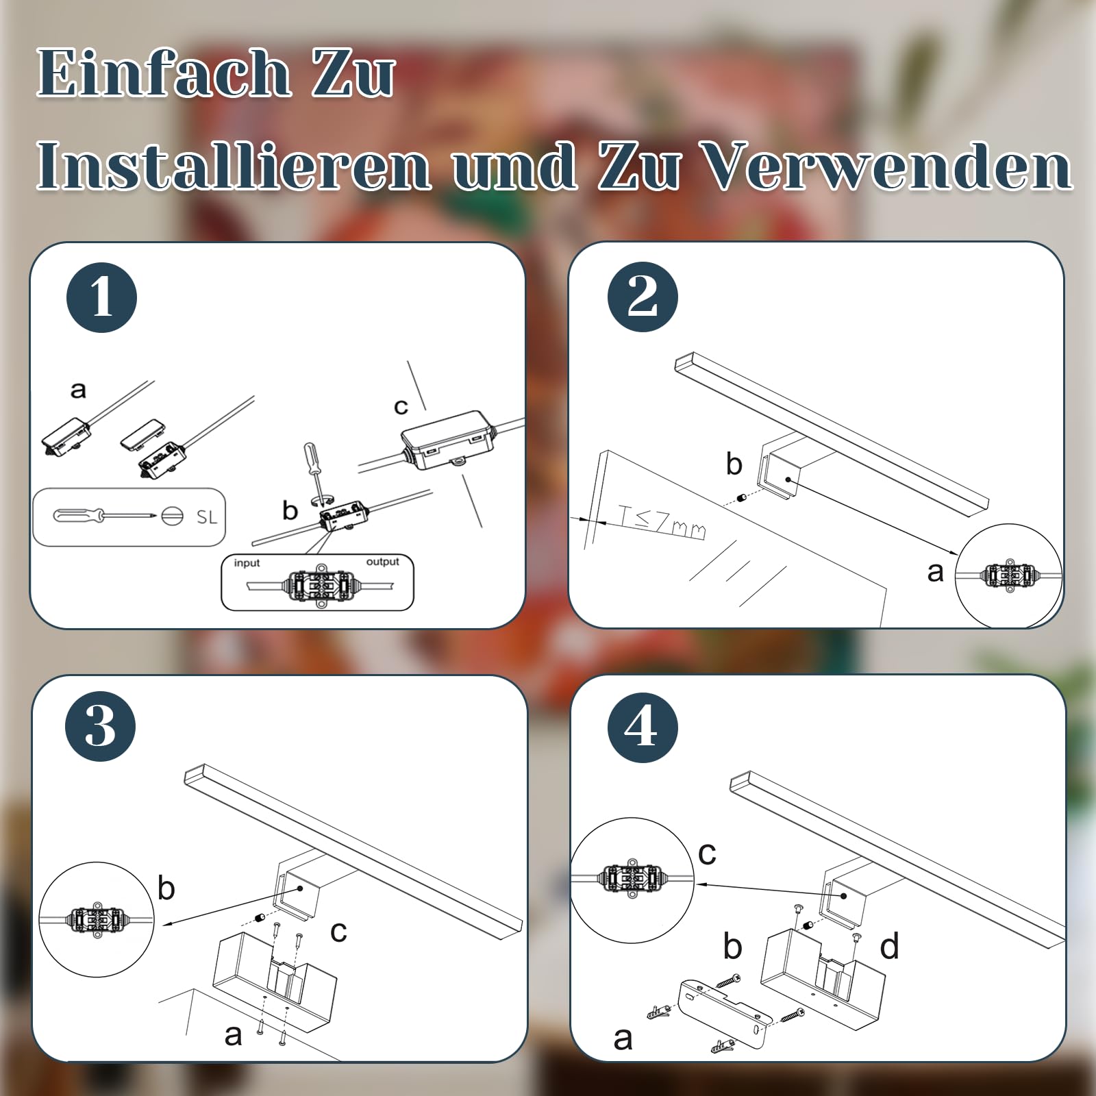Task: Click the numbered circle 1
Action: tap(101, 298)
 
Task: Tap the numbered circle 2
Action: tap(643, 297)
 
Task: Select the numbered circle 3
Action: tap(101, 726)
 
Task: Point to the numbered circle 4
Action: tap(643, 726)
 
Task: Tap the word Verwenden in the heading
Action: tap(888, 166)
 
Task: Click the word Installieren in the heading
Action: tap(234, 166)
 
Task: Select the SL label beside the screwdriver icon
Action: tap(206, 517)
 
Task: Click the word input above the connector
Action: tap(247, 563)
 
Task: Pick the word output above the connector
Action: tap(382, 562)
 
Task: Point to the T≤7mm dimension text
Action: tap(662, 521)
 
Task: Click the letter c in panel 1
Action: tap(401, 407)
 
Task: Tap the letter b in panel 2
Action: tap(734, 464)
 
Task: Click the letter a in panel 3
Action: tap(233, 1035)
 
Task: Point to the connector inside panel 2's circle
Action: tap(1009, 575)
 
